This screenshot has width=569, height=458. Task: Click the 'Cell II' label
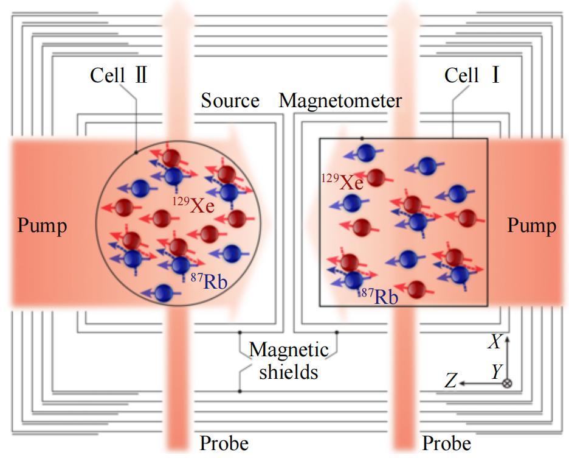tap(119, 76)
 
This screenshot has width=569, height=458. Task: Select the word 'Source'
tap(230, 100)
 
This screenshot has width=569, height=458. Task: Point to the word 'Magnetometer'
tap(340, 100)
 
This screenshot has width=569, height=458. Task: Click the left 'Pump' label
tap(42, 226)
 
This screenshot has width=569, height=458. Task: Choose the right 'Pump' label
tap(531, 226)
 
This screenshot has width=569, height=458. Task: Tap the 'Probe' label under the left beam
tap(224, 443)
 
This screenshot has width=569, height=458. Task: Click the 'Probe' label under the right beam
tap(447, 443)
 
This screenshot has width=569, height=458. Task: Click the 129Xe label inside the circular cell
tap(193, 205)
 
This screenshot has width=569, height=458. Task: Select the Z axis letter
tap(450, 382)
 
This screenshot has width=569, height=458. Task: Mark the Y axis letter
tap(497, 371)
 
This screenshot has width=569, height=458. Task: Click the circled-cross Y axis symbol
tap(508, 384)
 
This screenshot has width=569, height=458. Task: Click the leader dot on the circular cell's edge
tap(136, 152)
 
